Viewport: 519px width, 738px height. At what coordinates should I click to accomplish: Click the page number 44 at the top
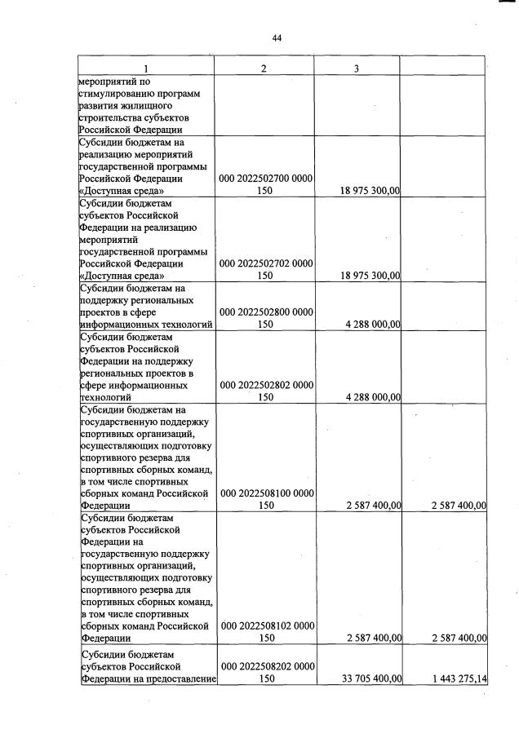point(277,38)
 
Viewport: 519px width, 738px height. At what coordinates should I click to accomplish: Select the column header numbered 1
point(146,68)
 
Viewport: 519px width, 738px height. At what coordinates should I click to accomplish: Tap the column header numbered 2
point(263,68)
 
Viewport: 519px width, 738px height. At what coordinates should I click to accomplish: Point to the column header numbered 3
point(357,68)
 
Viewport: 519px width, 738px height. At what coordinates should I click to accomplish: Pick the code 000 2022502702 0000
point(267,263)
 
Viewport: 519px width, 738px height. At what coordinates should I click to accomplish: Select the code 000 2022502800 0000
point(267,311)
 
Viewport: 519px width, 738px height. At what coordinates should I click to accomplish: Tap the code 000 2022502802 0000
point(267,384)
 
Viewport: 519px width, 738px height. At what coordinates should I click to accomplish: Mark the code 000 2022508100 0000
point(267,493)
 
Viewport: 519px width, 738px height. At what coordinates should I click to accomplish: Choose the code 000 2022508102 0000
point(267,625)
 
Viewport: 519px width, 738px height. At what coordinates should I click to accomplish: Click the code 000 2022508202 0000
point(267,665)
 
